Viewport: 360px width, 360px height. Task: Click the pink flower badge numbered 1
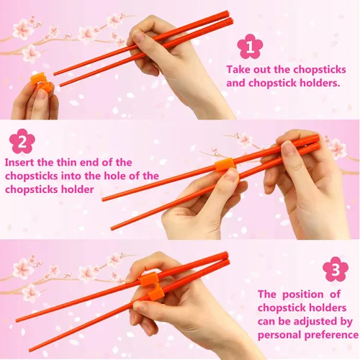pyautogui.click(x=250, y=47)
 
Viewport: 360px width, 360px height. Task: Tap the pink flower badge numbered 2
pyautogui.click(x=22, y=141)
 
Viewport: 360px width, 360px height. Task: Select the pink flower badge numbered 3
pyautogui.click(x=336, y=269)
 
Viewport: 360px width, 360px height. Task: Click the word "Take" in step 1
pyautogui.click(x=238, y=70)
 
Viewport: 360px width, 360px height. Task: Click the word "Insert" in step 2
pyautogui.click(x=19, y=163)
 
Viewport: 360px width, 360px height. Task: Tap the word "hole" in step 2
pyautogui.click(x=115, y=176)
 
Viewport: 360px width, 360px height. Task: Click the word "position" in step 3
pyautogui.click(x=302, y=294)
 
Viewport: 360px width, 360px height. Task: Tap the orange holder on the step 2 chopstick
pyautogui.click(x=225, y=165)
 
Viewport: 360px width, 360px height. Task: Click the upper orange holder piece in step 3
pyautogui.click(x=148, y=279)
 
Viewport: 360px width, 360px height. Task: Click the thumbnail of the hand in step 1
pyautogui.click(x=138, y=36)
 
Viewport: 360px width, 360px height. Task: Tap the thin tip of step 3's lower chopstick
pyautogui.click(x=30, y=351)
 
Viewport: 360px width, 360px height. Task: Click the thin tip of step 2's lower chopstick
pyautogui.click(x=112, y=229)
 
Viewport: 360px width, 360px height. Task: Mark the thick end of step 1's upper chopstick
pyautogui.click(x=227, y=14)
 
